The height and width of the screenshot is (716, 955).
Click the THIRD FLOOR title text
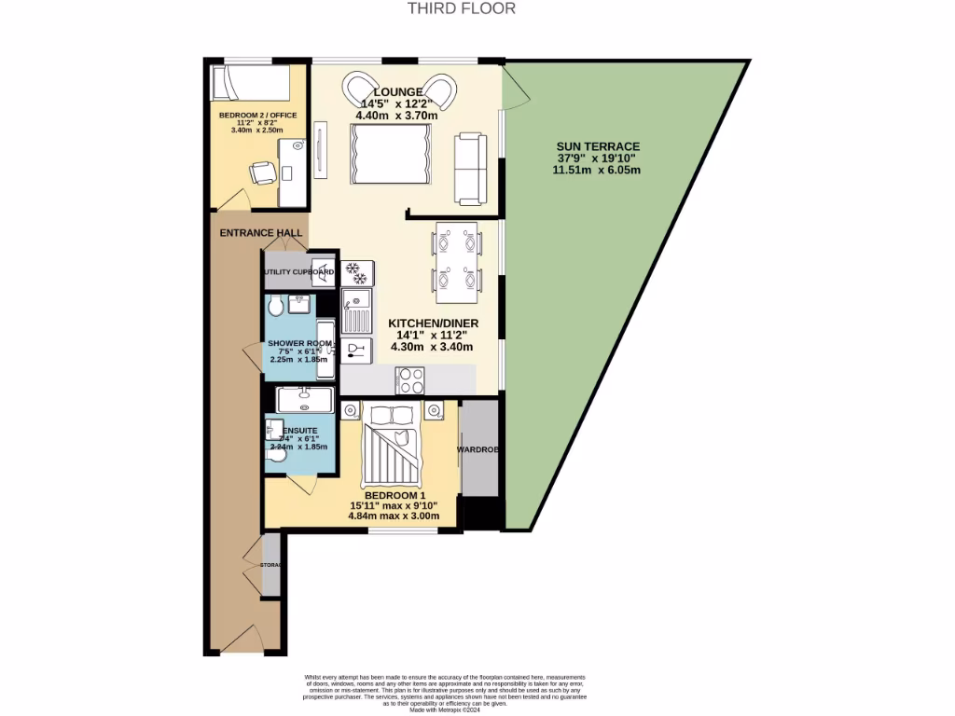pyautogui.click(x=461, y=8)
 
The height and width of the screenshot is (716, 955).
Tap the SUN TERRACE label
pyautogui.click(x=598, y=146)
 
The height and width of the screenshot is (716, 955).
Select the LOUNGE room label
pyautogui.click(x=400, y=91)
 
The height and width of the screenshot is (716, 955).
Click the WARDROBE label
pyautogui.click(x=479, y=449)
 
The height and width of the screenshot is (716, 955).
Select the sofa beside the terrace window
pyautogui.click(x=469, y=168)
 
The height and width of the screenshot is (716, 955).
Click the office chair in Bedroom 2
pyautogui.click(x=263, y=172)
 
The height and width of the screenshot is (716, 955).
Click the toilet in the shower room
pyautogui.click(x=275, y=308)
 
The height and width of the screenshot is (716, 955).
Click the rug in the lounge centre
pyautogui.click(x=390, y=155)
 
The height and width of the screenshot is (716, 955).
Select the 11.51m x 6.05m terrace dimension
pyautogui.click(x=597, y=171)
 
